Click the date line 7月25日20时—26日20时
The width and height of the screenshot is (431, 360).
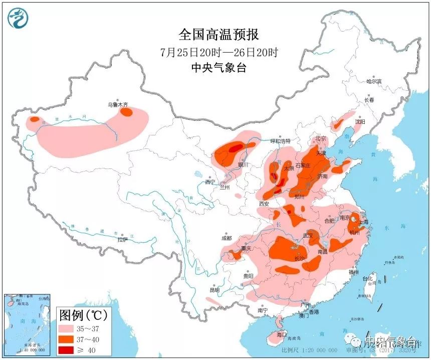(219, 52)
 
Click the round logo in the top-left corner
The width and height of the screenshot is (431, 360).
(18, 18)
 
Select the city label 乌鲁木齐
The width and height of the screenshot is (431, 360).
(118, 105)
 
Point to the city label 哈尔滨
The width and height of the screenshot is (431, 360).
(374, 81)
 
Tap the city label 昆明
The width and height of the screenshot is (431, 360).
(214, 290)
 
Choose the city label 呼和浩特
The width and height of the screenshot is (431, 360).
(281, 141)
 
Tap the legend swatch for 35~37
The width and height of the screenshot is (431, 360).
(69, 328)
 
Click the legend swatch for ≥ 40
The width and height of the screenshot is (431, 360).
(69, 349)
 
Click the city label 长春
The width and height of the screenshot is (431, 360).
(369, 100)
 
